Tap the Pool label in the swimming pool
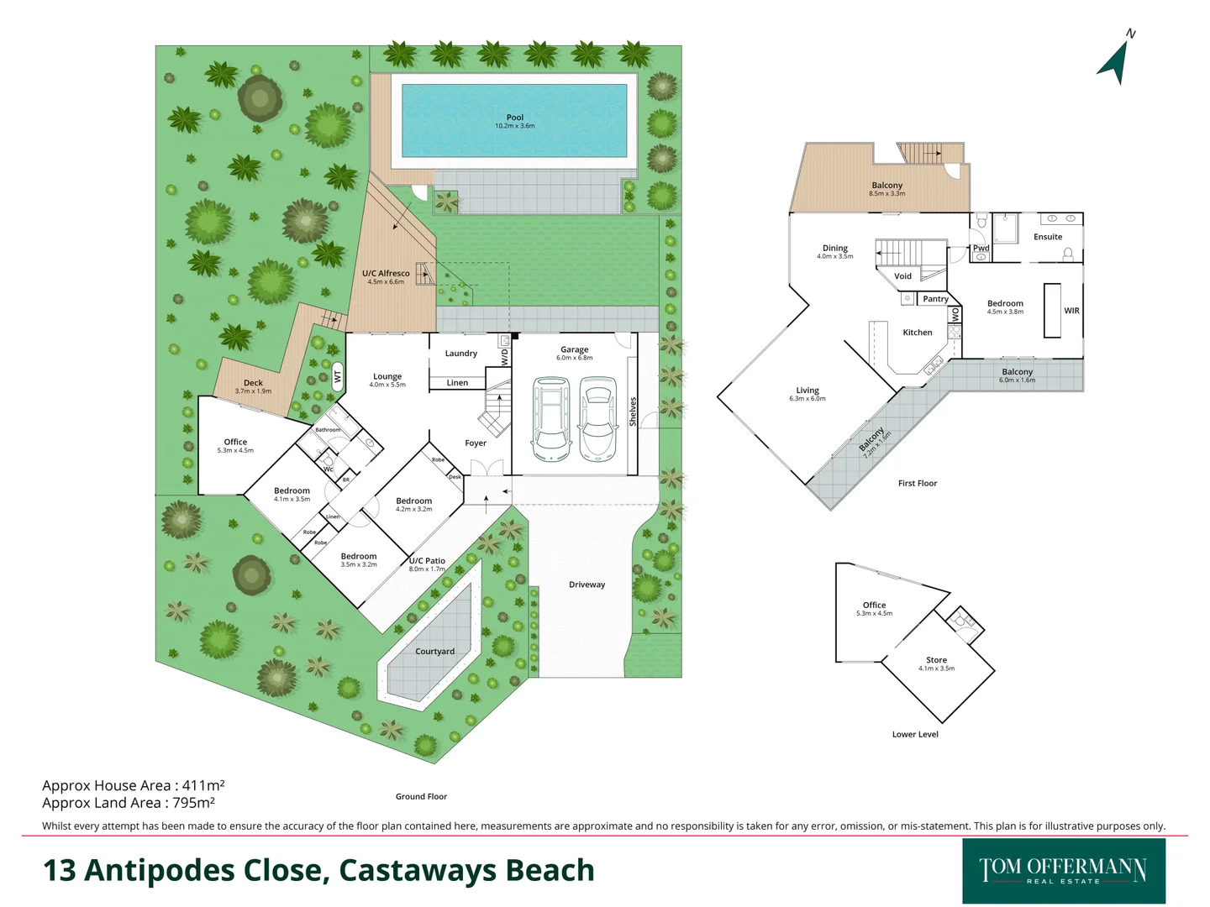click(x=515, y=118)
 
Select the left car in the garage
click(x=551, y=417)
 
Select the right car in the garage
click(x=597, y=417)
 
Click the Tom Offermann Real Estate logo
click(x=1063, y=870)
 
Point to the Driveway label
click(x=587, y=585)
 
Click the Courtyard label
click(x=434, y=652)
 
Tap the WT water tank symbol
click(x=338, y=377)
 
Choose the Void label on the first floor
click(x=902, y=276)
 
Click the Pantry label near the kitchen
click(x=935, y=299)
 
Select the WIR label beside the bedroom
click(x=1071, y=311)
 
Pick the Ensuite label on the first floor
click(x=1048, y=237)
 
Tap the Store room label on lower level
click(x=936, y=660)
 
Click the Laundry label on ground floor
click(x=460, y=354)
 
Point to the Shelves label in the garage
click(x=633, y=412)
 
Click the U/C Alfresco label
click(x=386, y=274)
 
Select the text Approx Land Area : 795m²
click(x=129, y=803)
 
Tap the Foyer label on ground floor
click(x=476, y=443)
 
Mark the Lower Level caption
click(x=915, y=734)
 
